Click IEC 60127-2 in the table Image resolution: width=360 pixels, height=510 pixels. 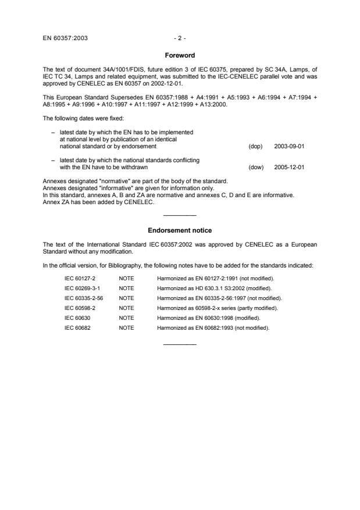(x=78, y=279)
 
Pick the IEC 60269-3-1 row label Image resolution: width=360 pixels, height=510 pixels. (x=80, y=288)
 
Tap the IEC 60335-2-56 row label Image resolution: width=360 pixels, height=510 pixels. (x=81, y=298)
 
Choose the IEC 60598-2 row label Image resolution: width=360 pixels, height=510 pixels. (x=78, y=308)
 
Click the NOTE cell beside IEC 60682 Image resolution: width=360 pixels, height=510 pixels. (x=126, y=328)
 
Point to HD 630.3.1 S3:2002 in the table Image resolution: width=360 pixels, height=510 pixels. (x=216, y=288)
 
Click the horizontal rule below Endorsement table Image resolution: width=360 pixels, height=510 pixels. (x=180, y=344)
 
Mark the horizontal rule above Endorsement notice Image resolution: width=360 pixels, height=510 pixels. (x=180, y=216)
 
